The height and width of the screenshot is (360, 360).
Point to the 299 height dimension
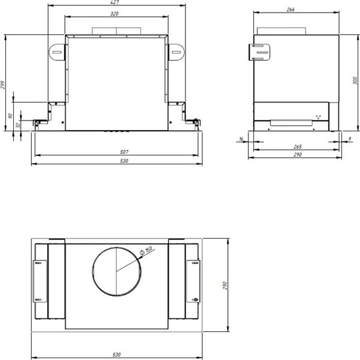click(3, 86)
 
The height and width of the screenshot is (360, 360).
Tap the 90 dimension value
click(11, 116)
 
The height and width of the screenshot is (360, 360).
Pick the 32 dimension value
click(17, 125)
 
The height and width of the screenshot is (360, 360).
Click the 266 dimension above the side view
click(290, 9)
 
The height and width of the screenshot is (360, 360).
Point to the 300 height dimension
click(353, 80)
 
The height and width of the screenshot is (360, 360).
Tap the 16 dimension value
click(241, 140)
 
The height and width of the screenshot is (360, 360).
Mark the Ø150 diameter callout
click(146, 251)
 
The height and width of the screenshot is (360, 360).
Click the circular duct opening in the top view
click(117, 273)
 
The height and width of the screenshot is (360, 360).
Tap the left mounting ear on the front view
click(56, 52)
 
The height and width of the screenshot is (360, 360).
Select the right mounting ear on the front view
click(176, 52)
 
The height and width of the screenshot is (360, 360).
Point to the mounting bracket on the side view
click(259, 52)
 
